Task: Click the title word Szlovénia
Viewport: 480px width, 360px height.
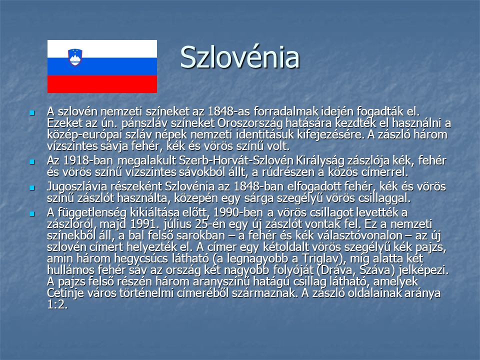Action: tap(239, 57)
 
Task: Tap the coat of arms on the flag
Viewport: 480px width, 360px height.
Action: tap(75, 57)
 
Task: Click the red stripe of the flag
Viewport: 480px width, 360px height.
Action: tap(102, 84)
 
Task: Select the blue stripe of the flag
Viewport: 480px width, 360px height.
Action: tap(102, 66)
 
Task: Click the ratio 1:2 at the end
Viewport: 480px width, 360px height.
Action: tap(56, 305)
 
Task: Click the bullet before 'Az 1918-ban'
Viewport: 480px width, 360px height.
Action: tap(32, 161)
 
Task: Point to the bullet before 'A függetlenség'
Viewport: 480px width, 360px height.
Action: tap(32, 213)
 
